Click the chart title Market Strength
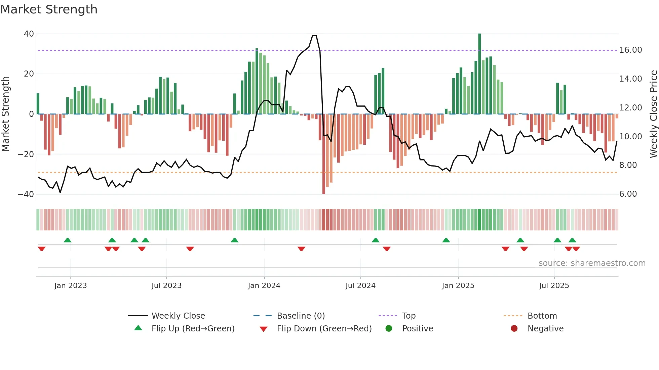49,9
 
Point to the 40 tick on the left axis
29,34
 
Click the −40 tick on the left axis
26,194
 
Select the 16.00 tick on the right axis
630,50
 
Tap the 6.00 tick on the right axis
628,194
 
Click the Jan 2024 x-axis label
264,286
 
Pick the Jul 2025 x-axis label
554,286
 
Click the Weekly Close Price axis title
653,114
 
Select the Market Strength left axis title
5,114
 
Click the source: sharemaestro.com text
592,263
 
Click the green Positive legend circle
389,329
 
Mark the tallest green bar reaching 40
479,74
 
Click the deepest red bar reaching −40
323,154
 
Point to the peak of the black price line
314,36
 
